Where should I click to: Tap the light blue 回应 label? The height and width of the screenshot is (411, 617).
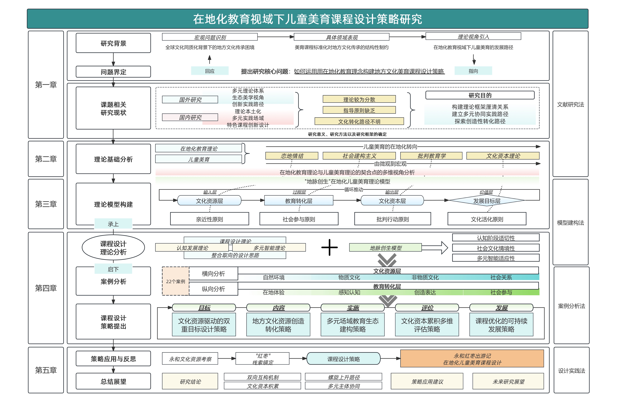pos(210,71)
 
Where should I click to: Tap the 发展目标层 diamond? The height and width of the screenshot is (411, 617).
pos(486,201)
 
